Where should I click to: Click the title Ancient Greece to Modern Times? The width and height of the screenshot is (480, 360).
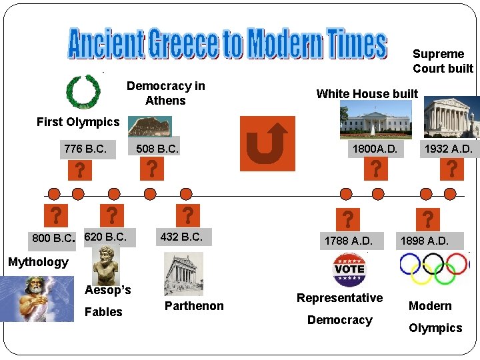click(x=227, y=44)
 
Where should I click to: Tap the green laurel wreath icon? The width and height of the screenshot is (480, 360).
click(x=83, y=91)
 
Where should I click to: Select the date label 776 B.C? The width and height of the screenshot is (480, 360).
click(x=85, y=149)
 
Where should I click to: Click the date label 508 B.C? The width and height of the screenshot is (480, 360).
click(x=157, y=149)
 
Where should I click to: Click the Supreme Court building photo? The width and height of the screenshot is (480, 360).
click(x=451, y=117)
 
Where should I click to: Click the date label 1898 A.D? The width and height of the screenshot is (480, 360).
click(x=425, y=241)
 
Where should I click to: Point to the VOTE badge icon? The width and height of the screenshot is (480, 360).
click(x=349, y=269)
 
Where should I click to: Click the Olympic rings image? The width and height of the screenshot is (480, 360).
click(x=434, y=269)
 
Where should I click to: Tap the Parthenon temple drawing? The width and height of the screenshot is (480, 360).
click(x=183, y=274)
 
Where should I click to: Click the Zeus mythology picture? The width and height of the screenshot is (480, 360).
click(x=37, y=299)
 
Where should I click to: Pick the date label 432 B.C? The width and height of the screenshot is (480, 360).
click(x=181, y=237)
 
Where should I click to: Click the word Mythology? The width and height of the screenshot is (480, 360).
click(x=38, y=262)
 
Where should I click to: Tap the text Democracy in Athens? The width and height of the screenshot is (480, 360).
click(x=165, y=93)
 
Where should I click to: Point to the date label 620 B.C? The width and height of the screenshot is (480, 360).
click(x=105, y=237)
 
